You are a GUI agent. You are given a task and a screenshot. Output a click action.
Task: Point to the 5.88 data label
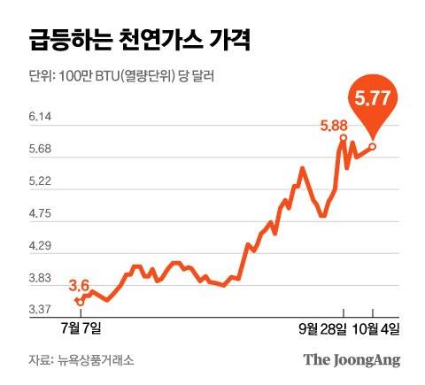pyautogui.click(x=333, y=126)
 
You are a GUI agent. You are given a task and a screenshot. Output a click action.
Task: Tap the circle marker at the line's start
pyautogui.click(x=80, y=302)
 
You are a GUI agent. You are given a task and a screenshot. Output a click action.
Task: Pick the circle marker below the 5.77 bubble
pyautogui.click(x=373, y=146)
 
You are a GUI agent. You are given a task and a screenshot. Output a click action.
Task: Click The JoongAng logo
pyautogui.click(x=352, y=359)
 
